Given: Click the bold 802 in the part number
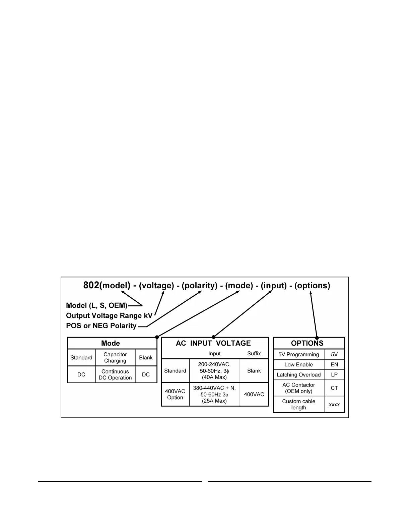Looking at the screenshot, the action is click(91, 285).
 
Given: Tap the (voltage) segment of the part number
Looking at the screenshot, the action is click(156, 286).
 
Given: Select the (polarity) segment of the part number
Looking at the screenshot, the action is click(200, 286).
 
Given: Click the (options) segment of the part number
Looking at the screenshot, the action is click(312, 286).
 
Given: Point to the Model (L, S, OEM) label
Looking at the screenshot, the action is click(96, 305).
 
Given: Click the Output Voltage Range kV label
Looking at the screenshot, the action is click(109, 315).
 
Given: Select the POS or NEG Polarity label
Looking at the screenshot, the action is click(101, 326).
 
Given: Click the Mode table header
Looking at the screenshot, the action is click(111, 343).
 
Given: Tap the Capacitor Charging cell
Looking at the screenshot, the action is click(115, 358).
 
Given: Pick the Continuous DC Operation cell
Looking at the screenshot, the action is click(115, 374).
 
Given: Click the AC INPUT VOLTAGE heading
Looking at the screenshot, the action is click(213, 343).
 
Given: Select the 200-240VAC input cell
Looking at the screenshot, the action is click(214, 370).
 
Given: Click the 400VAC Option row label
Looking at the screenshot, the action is click(175, 394).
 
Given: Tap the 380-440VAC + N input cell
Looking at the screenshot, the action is click(214, 394).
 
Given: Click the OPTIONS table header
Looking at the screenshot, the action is click(307, 343).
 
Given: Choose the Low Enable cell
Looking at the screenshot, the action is click(299, 365).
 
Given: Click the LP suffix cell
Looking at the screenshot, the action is click(334, 375).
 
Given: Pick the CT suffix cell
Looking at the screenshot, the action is click(334, 388).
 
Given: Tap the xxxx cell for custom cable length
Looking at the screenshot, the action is click(334, 405).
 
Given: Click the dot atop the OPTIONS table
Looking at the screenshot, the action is click(317, 338).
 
